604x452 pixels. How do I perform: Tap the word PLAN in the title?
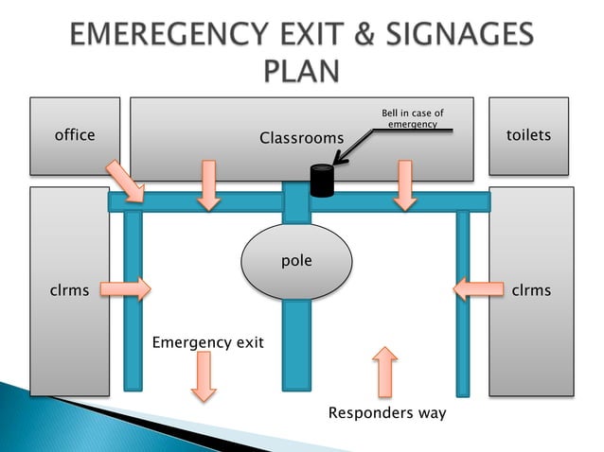click(301, 72)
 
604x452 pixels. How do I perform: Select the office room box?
click(75, 135)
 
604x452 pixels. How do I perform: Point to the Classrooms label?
click(301, 139)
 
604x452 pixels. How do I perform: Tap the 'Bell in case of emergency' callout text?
click(413, 119)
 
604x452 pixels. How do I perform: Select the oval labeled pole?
click(296, 260)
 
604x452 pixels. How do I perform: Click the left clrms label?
click(69, 290)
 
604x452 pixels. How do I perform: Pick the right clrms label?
click(530, 290)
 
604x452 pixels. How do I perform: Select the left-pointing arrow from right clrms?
click(477, 288)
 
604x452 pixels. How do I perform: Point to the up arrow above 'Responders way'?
click(384, 372)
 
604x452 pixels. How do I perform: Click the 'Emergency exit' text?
click(208, 341)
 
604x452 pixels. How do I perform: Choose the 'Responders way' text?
click(386, 413)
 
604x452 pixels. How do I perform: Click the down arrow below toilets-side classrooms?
click(405, 184)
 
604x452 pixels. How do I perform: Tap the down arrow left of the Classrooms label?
click(208, 184)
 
